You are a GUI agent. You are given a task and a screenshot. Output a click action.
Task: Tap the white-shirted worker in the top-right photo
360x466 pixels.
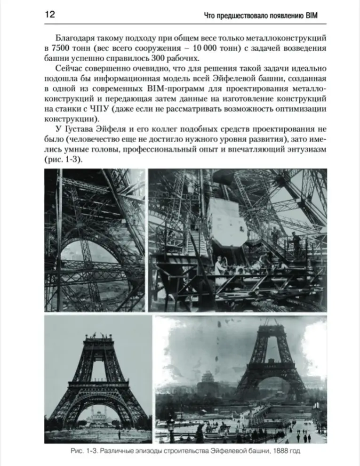[x=220, y=268]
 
